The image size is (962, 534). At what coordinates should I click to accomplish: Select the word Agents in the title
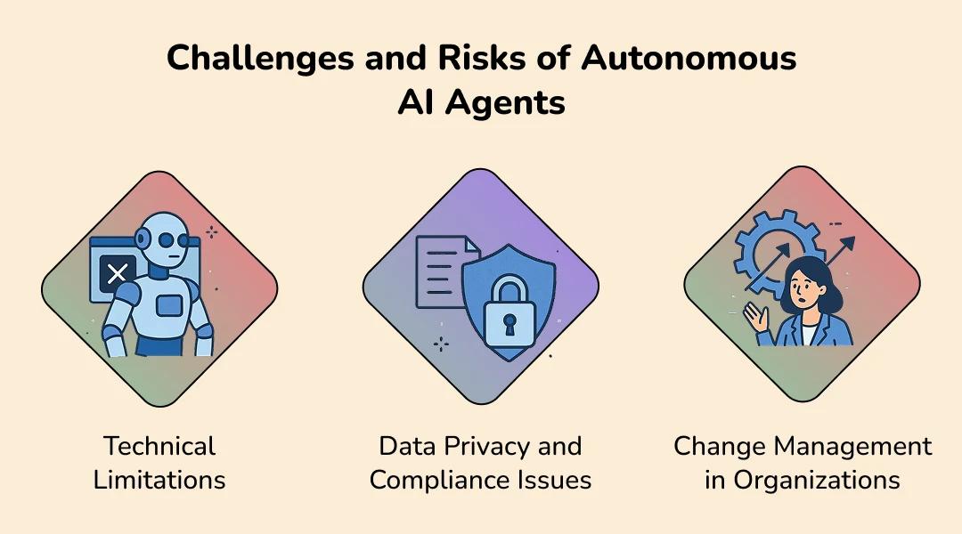coord(505,103)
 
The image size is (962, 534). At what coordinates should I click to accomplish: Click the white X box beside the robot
coord(118,273)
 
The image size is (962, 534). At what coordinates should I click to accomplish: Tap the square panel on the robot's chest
coord(168,304)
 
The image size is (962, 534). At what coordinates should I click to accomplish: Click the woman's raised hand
coord(756,317)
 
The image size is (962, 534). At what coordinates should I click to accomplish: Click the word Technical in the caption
coord(159,446)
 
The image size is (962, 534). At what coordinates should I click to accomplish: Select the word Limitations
coord(159,480)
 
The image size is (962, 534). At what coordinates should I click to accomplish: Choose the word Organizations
coord(816,481)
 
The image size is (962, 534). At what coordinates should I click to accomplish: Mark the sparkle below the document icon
coord(441,344)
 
